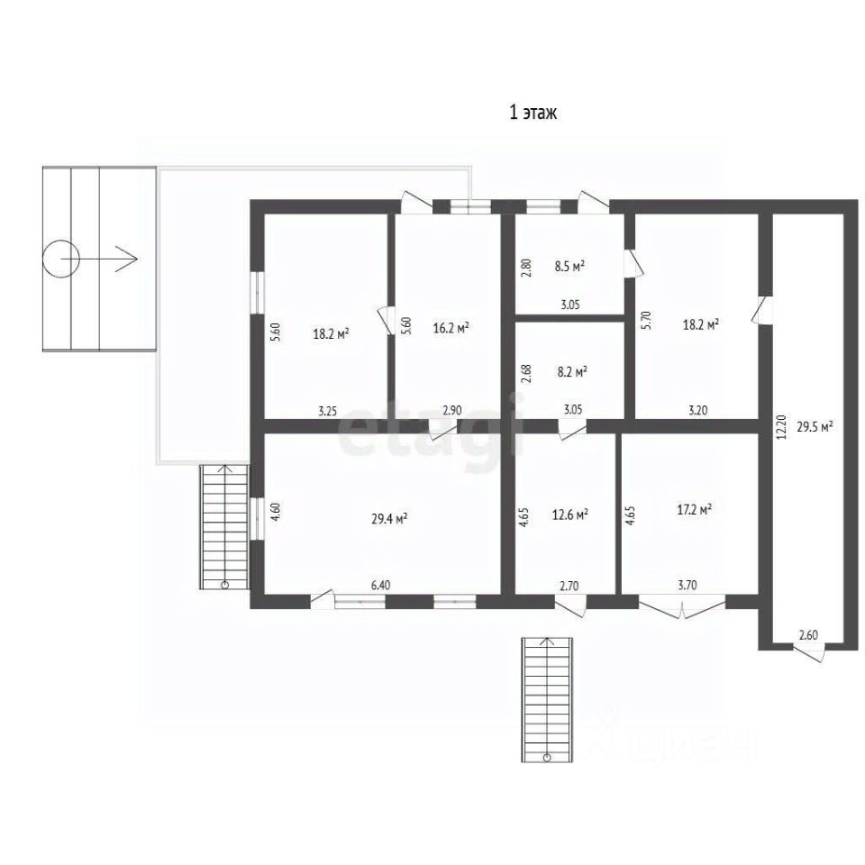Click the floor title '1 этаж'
pyautogui.click(x=533, y=113)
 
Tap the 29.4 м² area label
pyautogui.click(x=389, y=519)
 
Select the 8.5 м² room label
pyautogui.click(x=569, y=266)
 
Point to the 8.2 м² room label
pyautogui.click(x=572, y=372)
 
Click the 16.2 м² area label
pyautogui.click(x=451, y=328)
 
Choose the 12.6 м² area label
pyautogui.click(x=569, y=514)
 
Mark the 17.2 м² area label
pyautogui.click(x=694, y=510)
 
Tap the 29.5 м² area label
pyautogui.click(x=815, y=426)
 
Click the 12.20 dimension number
pyautogui.click(x=780, y=427)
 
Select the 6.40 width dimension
pyautogui.click(x=380, y=586)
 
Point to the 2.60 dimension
pyautogui.click(x=808, y=635)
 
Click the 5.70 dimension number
pyautogui.click(x=647, y=321)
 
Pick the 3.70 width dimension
pyautogui.click(x=687, y=586)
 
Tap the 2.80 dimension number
pyautogui.click(x=526, y=268)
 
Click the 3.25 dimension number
pyautogui.click(x=327, y=411)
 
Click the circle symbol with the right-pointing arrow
pyautogui.click(x=60, y=259)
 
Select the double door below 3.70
pyautogui.click(x=682, y=606)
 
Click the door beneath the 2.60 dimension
pyautogui.click(x=809, y=651)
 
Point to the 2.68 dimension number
pyautogui.click(x=526, y=373)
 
